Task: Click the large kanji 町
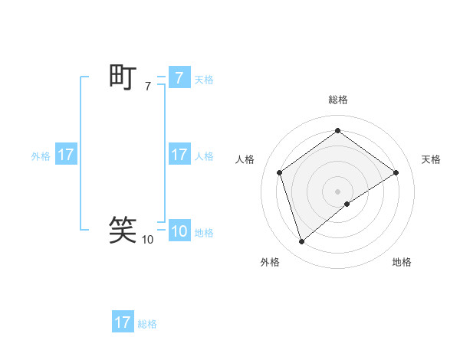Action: [123, 77]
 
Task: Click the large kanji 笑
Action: [123, 229]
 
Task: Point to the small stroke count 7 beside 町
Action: [147, 87]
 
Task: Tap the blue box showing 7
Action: [179, 78]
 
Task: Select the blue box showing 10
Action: [179, 232]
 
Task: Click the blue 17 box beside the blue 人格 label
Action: [179, 155]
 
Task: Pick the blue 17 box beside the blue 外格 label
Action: [65, 155]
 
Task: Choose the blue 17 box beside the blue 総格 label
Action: [123, 322]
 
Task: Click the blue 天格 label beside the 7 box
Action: [204, 79]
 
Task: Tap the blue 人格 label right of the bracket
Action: [204, 155]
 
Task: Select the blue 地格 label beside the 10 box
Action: [204, 233]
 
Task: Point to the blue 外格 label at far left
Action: [41, 155]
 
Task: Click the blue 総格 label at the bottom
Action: [147, 324]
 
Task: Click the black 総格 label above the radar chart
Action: [337, 100]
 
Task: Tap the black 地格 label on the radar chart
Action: [402, 262]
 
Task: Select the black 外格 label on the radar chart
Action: [270, 262]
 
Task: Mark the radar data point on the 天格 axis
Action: [396, 172]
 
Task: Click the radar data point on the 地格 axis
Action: [347, 204]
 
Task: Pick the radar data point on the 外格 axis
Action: [301, 242]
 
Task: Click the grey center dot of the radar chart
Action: [337, 191]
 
